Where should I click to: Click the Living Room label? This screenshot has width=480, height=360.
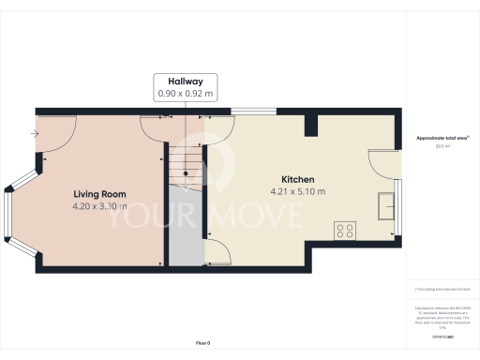pos(99,194)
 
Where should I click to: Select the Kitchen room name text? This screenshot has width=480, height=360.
pos(298,179)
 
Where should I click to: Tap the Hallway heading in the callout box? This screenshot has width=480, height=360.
pos(186,82)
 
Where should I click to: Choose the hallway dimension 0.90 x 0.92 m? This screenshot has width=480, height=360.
pos(186,94)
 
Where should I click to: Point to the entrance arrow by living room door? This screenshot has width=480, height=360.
pos(35,134)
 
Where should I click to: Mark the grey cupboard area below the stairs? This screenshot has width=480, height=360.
pos(186,234)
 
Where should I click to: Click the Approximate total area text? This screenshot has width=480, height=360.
pos(442,139)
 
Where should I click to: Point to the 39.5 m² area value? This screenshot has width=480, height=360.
pos(442,146)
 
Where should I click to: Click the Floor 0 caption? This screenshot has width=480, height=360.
pos(202,344)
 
